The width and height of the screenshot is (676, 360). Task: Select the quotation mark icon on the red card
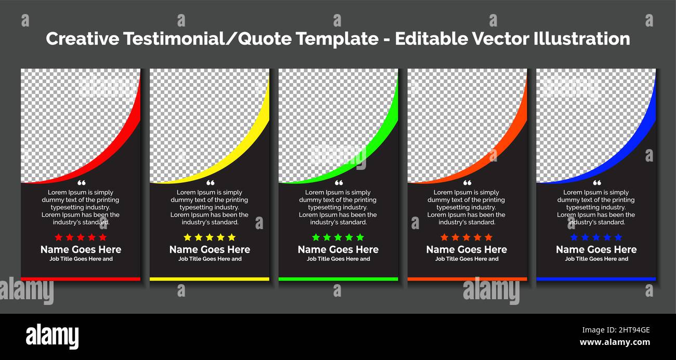tap(81, 183)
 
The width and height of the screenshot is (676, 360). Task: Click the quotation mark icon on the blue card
tap(597, 183)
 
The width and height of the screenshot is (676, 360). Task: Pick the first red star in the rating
tap(59, 237)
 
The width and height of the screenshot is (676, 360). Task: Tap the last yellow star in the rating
tap(231, 237)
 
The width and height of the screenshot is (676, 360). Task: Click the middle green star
tap(338, 237)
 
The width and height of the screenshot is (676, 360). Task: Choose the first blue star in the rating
tap(574, 237)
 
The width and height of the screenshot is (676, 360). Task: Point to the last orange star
tap(488, 237)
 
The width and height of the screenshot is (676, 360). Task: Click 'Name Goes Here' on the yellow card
tap(210, 250)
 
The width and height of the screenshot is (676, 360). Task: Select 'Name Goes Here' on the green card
tap(338, 250)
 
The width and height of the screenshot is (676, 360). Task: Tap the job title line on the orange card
tap(466, 259)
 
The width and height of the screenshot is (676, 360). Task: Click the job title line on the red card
tap(81, 259)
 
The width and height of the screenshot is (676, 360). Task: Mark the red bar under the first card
tap(81, 279)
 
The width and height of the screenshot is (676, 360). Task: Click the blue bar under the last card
tap(596, 279)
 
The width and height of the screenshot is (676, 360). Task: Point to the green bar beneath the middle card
tap(338, 279)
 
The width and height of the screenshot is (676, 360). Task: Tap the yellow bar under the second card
tap(210, 279)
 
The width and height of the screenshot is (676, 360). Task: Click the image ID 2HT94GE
tap(616, 330)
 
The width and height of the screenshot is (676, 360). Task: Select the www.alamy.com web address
tap(615, 342)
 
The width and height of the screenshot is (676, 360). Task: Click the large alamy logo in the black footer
tap(53, 336)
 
